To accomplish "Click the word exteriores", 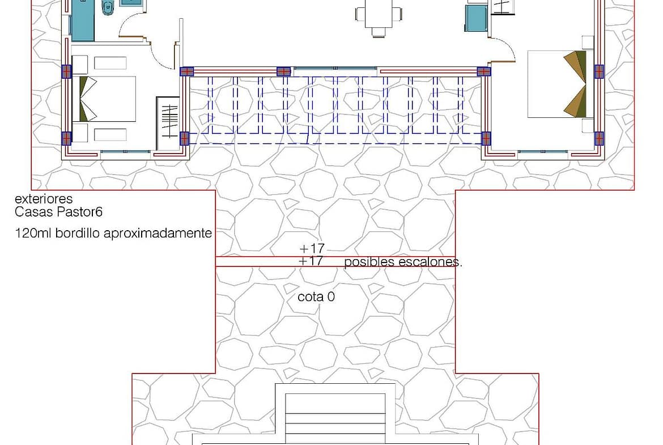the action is [x=44, y=199].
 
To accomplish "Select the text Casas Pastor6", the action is [x=58, y=212].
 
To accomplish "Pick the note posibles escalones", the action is [x=403, y=262].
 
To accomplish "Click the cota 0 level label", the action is [x=316, y=297].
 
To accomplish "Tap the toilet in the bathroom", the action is [x=108, y=7].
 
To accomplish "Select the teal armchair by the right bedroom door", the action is [x=476, y=18].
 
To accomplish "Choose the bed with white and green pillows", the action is [x=104, y=99].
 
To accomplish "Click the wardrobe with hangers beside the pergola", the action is [x=168, y=123].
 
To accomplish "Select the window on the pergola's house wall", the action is [x=335, y=68].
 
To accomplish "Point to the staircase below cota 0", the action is [x=335, y=419].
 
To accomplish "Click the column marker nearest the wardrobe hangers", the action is [x=184, y=138].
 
